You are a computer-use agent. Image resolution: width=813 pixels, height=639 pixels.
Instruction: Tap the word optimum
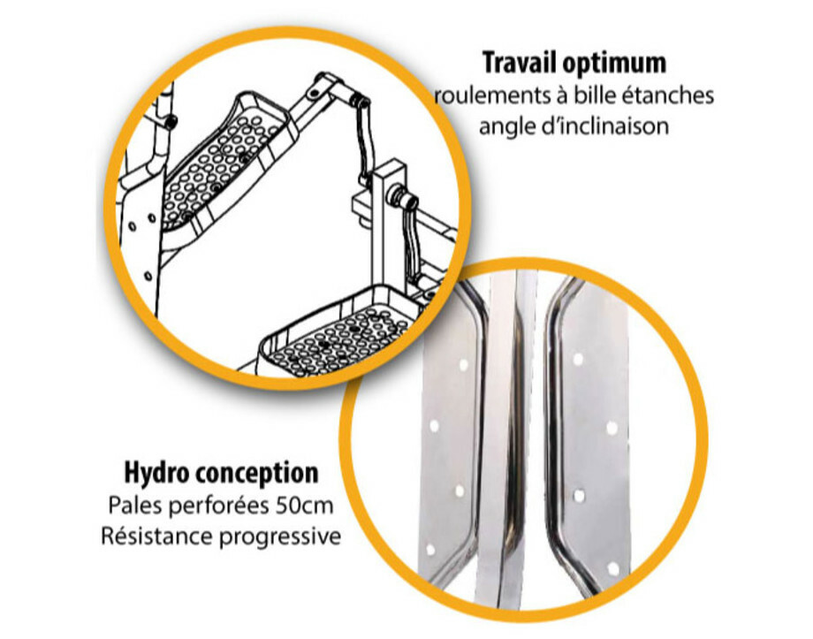(x=614, y=65)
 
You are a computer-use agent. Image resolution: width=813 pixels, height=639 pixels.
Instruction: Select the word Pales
(x=135, y=506)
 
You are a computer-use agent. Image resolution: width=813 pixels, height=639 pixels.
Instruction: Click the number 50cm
(x=304, y=506)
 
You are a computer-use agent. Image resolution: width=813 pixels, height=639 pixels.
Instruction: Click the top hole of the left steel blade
(x=463, y=365)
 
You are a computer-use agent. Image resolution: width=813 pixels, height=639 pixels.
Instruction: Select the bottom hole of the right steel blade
(x=613, y=568)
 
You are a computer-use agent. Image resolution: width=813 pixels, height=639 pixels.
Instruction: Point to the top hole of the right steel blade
(x=578, y=359)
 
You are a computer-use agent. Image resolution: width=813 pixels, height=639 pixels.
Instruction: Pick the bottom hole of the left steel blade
(x=429, y=549)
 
